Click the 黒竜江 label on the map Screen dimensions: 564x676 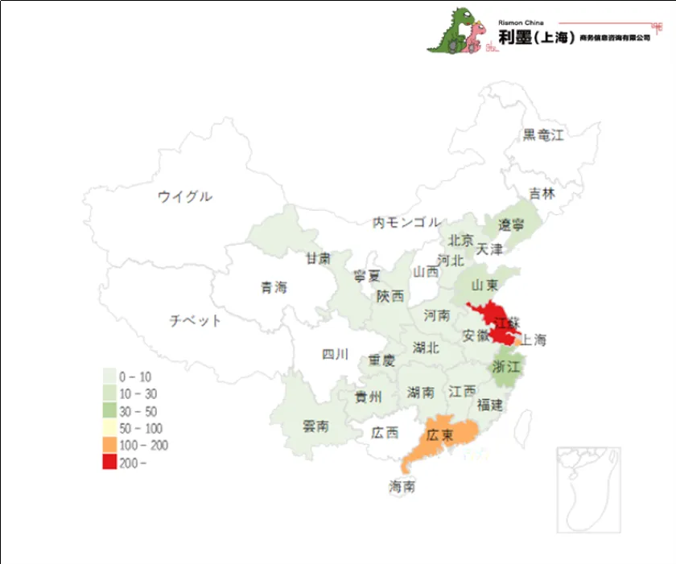tap(543, 135)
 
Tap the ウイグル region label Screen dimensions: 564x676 tap(185, 196)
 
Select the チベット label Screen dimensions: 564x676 tap(195, 321)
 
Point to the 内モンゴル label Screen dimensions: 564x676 tap(406, 222)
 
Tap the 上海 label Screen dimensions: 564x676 tap(533, 340)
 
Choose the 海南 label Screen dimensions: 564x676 tap(402, 487)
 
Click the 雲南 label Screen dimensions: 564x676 tap(315, 426)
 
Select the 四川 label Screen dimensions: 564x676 tap(335, 354)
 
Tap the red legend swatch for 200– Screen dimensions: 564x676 tap(109, 463)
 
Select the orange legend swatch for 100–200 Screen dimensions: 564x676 tap(109, 445)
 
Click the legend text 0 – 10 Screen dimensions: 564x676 tap(135, 377)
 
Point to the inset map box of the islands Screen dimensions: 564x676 tap(588, 489)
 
